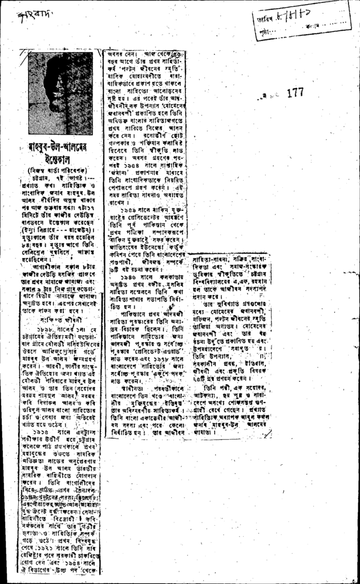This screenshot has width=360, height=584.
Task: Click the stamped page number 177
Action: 296,94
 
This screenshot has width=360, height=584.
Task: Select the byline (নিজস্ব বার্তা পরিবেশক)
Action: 59,169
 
